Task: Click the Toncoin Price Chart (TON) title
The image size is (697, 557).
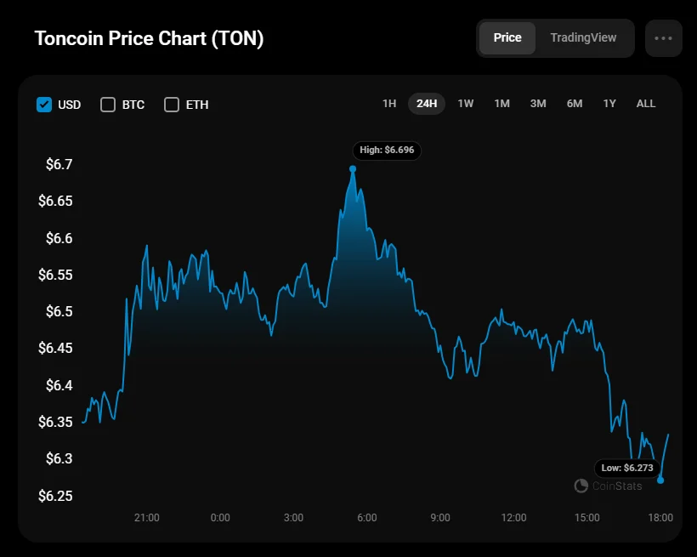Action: tap(149, 39)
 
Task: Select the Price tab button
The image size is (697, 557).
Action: tap(507, 38)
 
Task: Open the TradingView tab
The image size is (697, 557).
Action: tap(583, 38)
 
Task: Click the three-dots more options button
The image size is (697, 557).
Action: tap(663, 38)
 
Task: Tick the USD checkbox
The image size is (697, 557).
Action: tap(44, 105)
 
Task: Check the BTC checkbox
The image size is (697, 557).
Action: tap(108, 105)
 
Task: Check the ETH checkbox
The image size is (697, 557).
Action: tap(172, 105)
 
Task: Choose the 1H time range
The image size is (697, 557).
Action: tap(389, 104)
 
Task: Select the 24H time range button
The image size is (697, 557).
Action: tap(427, 104)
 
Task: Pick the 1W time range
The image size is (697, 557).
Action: tap(466, 104)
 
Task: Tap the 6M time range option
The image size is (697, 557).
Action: tap(575, 104)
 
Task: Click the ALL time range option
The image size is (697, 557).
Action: tap(646, 104)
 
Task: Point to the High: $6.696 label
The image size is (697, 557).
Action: tap(387, 151)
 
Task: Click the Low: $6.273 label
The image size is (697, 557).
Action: tap(628, 468)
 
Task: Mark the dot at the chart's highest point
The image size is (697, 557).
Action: tap(353, 168)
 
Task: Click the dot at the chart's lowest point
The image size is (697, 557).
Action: tap(660, 480)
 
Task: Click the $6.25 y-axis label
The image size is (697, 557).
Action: tap(55, 496)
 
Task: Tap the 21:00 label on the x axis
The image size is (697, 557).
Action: tap(147, 517)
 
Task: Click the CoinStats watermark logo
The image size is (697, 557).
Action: tap(581, 486)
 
